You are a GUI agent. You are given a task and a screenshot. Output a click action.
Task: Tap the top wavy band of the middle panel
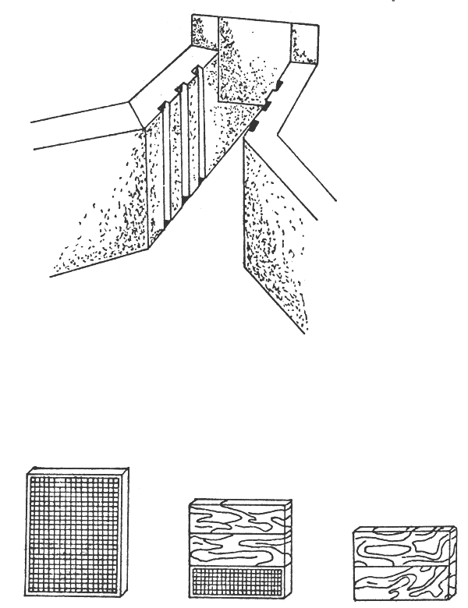coord(237,518)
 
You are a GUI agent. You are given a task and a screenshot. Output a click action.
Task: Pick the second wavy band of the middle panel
coord(237,551)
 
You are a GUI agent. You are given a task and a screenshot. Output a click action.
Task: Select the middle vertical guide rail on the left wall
coord(185,140)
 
